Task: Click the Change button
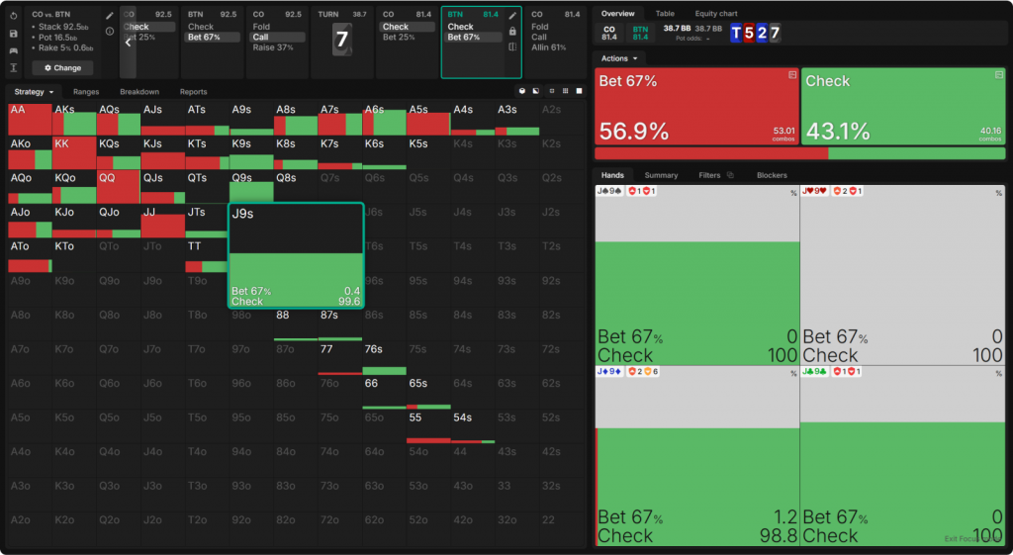point(62,68)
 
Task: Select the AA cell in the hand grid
point(29,118)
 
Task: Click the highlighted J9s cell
point(296,255)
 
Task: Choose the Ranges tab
point(86,92)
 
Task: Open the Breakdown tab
point(139,92)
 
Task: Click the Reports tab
point(194,92)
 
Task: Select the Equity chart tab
point(716,14)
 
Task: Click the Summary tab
point(662,175)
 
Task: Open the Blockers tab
point(772,175)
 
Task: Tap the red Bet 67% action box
point(695,107)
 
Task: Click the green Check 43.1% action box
point(902,107)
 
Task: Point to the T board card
point(735,33)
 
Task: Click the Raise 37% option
point(273,47)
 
